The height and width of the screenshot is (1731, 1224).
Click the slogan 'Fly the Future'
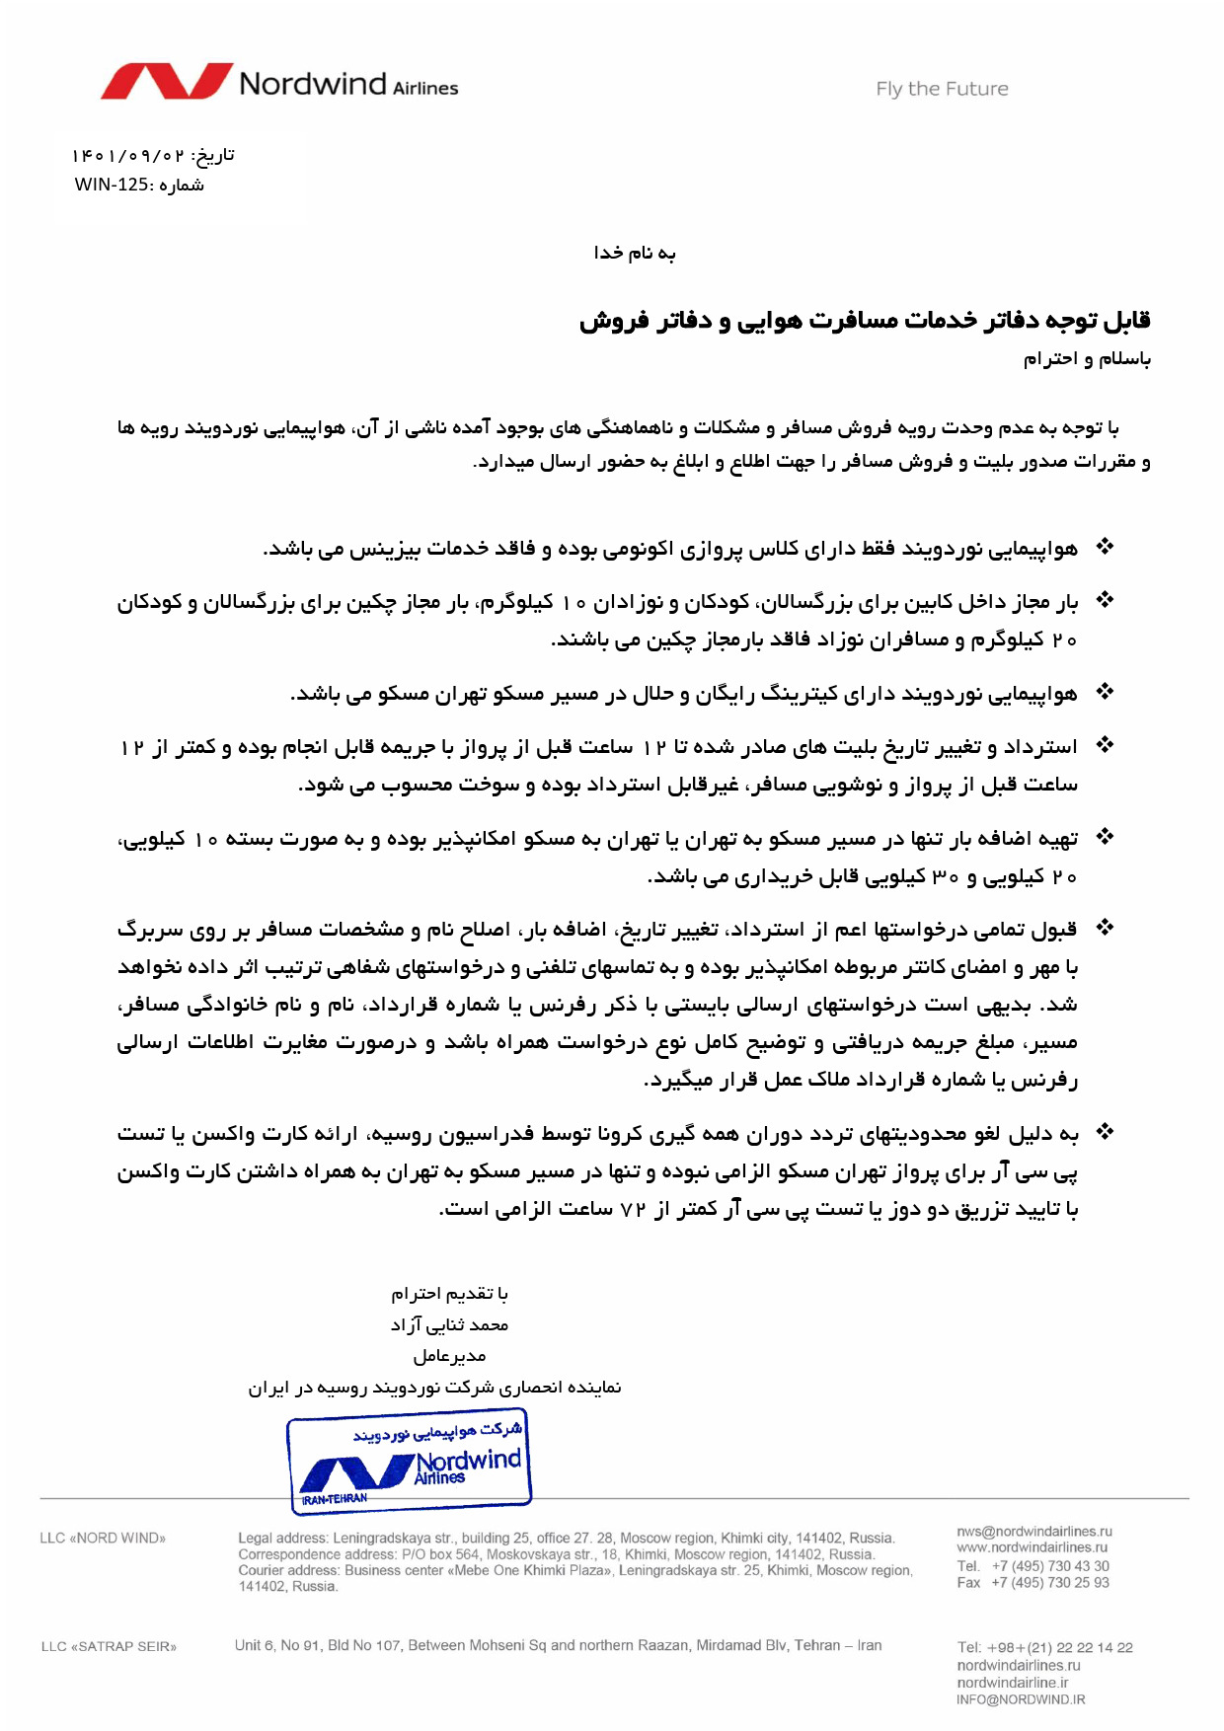tap(942, 89)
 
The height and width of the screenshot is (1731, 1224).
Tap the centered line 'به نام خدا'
tap(635, 254)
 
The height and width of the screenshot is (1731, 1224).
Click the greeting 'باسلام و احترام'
tap(1087, 359)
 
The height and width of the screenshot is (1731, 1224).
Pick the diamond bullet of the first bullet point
tap(1106, 546)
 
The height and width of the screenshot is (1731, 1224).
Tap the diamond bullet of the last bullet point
tap(1106, 1132)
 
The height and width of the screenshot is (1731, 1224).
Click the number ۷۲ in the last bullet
tap(632, 1209)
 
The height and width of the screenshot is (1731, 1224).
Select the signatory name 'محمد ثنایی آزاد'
tap(449, 1324)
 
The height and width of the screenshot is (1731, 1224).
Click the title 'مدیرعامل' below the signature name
tap(449, 1356)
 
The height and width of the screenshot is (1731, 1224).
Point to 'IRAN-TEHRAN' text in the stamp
tap(335, 1498)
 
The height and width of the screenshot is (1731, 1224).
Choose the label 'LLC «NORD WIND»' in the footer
tap(103, 1538)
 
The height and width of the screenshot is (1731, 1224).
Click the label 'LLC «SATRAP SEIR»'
tap(109, 1646)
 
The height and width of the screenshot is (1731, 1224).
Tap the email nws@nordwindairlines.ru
tap(1033, 1532)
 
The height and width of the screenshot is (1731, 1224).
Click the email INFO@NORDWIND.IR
tap(1021, 1699)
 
